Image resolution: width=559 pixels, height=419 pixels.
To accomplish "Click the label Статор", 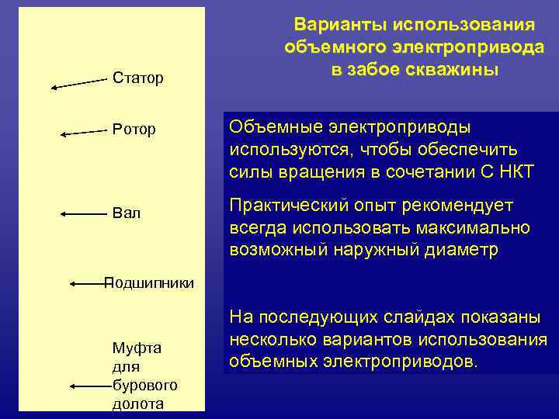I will pyautogui.click(x=138, y=78).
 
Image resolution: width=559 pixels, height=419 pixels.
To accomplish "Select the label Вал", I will pyautogui.click(x=127, y=213).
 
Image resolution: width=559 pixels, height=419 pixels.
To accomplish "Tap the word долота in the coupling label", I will pyautogui.click(x=138, y=403).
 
